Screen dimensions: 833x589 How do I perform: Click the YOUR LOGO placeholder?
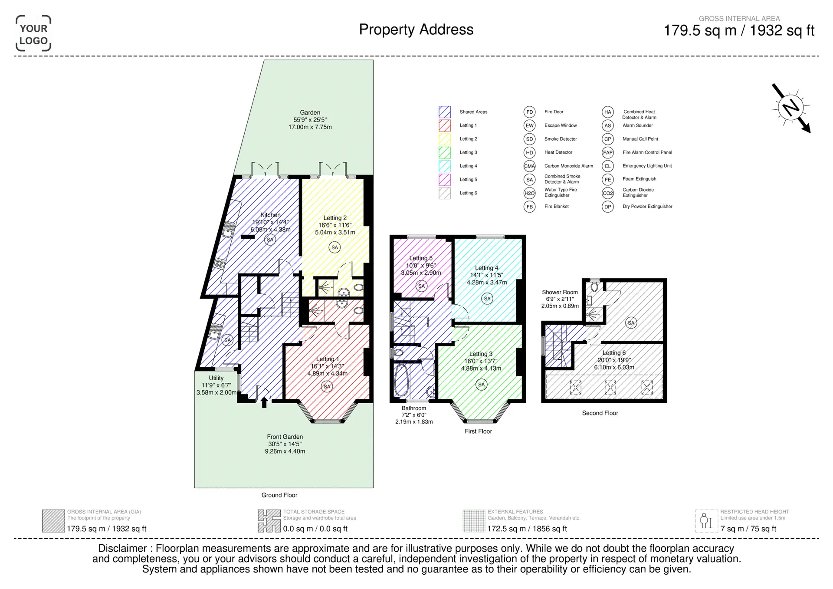pos(33,34)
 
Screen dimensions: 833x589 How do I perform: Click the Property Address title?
pos(416,30)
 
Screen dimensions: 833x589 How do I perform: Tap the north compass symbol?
pos(790,108)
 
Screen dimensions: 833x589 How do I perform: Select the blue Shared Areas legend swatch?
pos(445,112)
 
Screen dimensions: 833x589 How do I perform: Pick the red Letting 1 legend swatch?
pos(445,125)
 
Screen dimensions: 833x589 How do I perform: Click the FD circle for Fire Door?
pos(529,112)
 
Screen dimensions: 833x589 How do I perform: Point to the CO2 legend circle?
pos(608,193)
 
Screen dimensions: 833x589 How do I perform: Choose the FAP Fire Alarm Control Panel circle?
pos(608,152)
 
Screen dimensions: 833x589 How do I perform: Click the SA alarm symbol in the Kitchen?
pos(270,240)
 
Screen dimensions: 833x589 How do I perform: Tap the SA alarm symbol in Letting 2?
pos(335,247)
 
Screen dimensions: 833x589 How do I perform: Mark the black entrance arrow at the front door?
pos(264,403)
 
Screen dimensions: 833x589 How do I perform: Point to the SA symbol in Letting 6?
pos(631,322)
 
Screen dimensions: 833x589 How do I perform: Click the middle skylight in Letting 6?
pos(610,387)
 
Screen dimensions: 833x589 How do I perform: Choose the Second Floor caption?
pos(600,413)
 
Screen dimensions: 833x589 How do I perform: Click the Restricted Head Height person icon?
pos(707,521)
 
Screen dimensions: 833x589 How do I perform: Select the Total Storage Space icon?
pos(269,521)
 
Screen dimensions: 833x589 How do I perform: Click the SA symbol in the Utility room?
pos(227,340)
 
